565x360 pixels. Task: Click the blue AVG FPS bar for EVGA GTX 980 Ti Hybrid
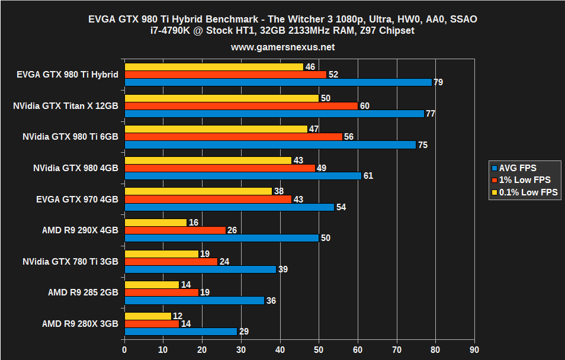pyautogui.click(x=278, y=82)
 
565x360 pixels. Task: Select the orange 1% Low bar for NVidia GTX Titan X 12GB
pyautogui.click(x=241, y=105)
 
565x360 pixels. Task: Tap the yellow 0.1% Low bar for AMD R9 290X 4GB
pyautogui.click(x=155, y=222)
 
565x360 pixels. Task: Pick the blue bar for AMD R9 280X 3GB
pyautogui.click(x=181, y=332)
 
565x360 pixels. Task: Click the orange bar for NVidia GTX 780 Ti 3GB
pyautogui.click(x=171, y=261)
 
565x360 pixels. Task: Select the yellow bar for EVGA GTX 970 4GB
pyautogui.click(x=198, y=191)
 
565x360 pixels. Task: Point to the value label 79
pyautogui.click(x=438, y=82)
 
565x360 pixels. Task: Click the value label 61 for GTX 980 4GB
pyautogui.click(x=368, y=176)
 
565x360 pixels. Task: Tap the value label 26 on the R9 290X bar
pyautogui.click(x=232, y=230)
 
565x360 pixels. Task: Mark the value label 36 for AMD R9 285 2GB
pyautogui.click(x=271, y=300)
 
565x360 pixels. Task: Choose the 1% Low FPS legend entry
pyautogui.click(x=521, y=180)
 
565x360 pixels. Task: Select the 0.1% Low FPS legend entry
pyautogui.click(x=524, y=192)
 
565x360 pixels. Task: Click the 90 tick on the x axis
pyautogui.click(x=474, y=351)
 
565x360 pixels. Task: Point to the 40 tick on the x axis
pyautogui.click(x=280, y=351)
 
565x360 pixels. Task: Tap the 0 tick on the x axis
pyautogui.click(x=124, y=351)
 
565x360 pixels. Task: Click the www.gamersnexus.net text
pyautogui.click(x=282, y=46)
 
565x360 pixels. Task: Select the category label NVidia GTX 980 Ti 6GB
pyautogui.click(x=70, y=136)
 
